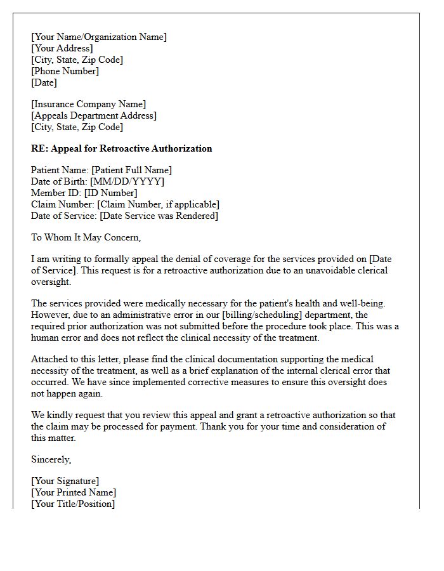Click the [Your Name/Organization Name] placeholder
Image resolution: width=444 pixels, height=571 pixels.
click(x=99, y=37)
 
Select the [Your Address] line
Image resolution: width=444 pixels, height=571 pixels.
click(x=62, y=48)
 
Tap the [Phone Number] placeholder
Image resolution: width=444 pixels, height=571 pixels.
click(x=65, y=71)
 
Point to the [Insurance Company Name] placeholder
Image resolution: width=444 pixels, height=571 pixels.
click(x=89, y=104)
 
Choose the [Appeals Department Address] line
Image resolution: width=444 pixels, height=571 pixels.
click(x=94, y=115)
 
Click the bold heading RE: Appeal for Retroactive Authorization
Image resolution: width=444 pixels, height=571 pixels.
click(x=121, y=148)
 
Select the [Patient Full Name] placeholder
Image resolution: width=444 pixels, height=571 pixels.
click(x=131, y=170)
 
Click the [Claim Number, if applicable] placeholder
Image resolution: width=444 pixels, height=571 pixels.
click(x=158, y=204)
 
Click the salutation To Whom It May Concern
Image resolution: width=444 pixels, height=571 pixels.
click(x=86, y=237)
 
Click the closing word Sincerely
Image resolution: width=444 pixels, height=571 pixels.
click(x=51, y=459)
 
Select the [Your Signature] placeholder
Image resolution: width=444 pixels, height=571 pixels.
click(x=65, y=481)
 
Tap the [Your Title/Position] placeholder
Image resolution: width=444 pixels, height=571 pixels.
click(x=73, y=504)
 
